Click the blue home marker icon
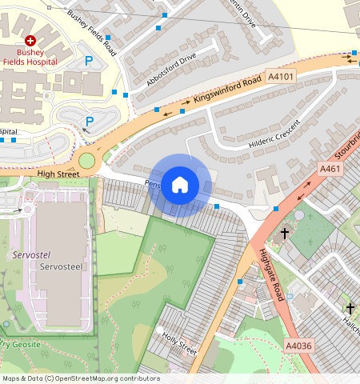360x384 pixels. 180,185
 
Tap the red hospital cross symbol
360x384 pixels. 30,40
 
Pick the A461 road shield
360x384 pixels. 330,169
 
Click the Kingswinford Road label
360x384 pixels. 227,91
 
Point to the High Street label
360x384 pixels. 58,174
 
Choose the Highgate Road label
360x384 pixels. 272,274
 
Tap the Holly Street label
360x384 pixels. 179,344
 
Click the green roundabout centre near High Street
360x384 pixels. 86,161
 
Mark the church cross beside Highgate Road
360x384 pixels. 284,234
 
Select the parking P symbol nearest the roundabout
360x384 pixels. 90,121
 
